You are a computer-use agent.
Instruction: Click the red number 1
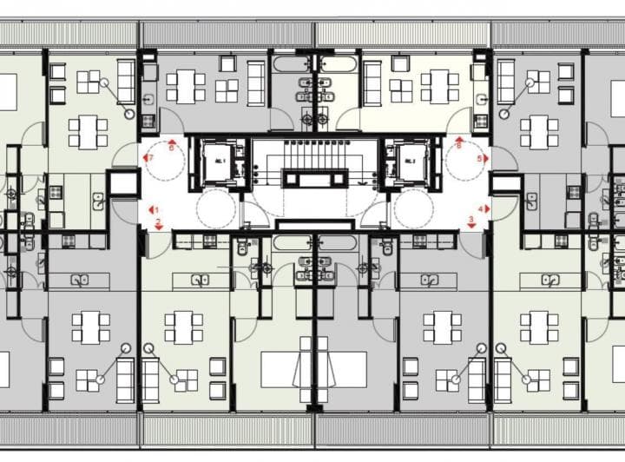click(155, 209)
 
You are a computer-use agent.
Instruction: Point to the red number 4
click(479, 209)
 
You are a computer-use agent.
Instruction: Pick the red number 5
click(480, 159)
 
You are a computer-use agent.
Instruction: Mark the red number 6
click(170, 148)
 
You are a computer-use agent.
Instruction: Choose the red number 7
click(150, 159)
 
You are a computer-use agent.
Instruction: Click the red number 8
click(458, 148)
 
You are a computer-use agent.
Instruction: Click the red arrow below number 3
click(470, 227)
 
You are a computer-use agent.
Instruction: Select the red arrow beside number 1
click(148, 209)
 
